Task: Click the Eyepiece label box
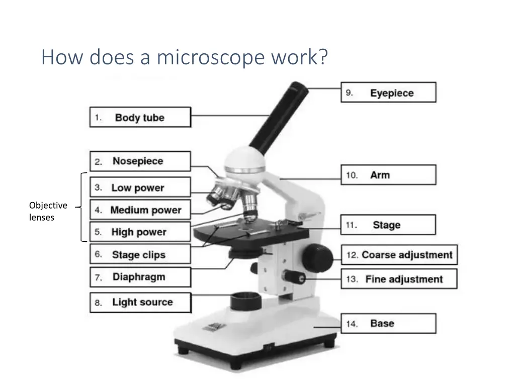(389, 92)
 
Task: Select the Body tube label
(140, 117)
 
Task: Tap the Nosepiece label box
(140, 161)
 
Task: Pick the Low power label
(140, 187)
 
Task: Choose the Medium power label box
(140, 210)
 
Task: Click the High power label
(140, 232)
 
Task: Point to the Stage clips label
(140, 254)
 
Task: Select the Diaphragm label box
(140, 277)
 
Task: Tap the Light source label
(140, 302)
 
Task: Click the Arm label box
(389, 174)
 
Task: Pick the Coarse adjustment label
(399, 255)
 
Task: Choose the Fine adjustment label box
(399, 279)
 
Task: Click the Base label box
(389, 324)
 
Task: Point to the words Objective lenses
(48, 212)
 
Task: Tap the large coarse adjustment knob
(317, 258)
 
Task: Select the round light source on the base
(245, 301)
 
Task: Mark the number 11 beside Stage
(351, 225)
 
